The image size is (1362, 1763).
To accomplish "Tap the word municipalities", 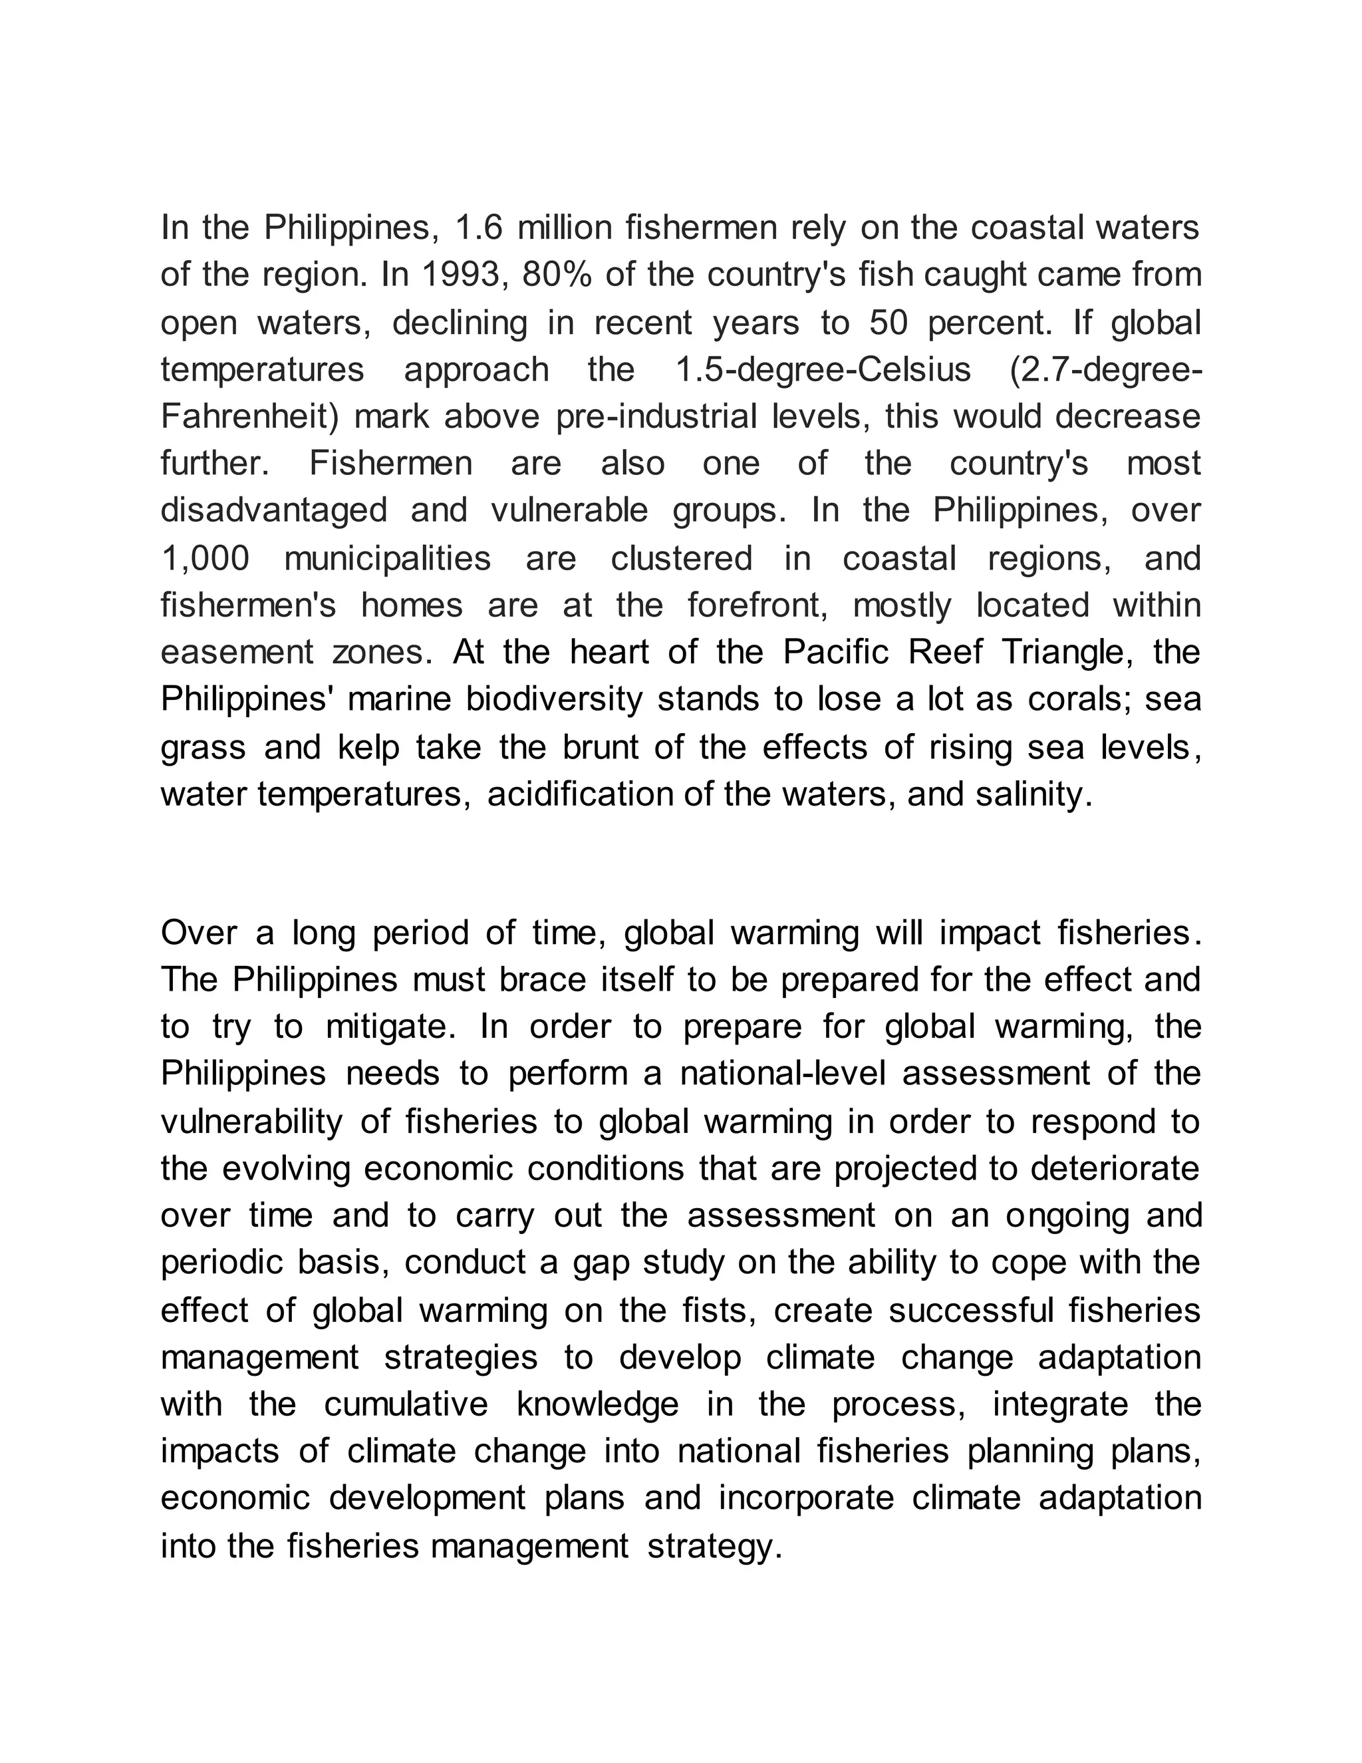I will [x=387, y=559].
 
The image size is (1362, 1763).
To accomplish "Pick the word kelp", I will [x=368, y=748].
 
